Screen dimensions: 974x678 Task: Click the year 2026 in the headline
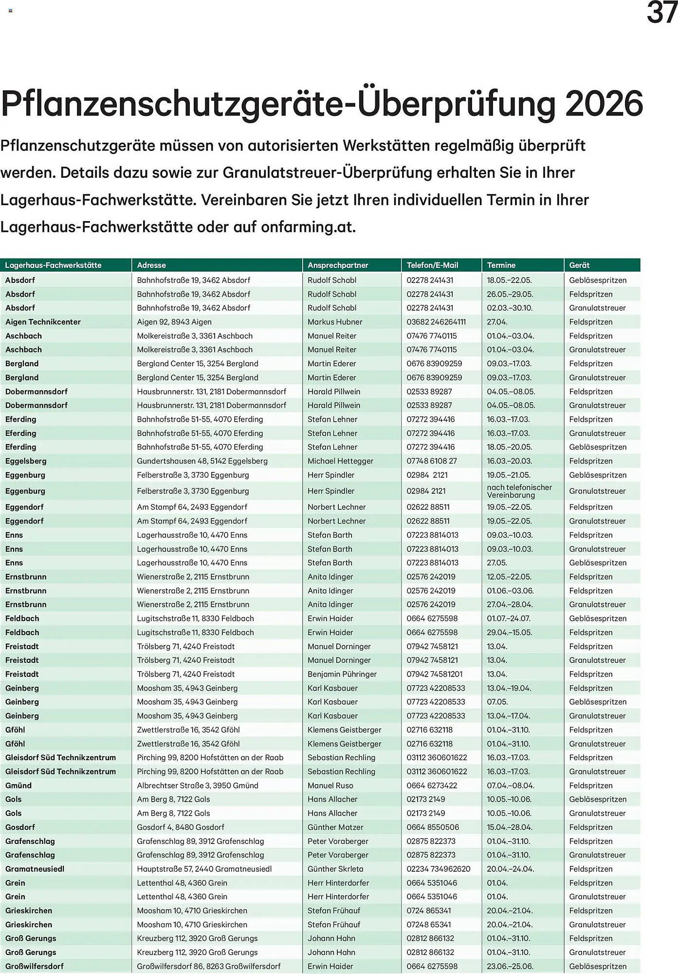pyautogui.click(x=604, y=103)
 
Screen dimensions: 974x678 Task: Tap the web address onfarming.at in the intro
pyautogui.click(x=308, y=227)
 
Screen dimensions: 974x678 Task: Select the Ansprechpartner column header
pyautogui.click(x=338, y=265)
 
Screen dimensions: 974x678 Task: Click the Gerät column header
pyautogui.click(x=579, y=265)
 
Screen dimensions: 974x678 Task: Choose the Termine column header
pyautogui.click(x=501, y=265)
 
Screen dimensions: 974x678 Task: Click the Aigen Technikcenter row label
pyautogui.click(x=43, y=322)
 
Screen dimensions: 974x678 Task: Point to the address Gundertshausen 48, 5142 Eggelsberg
pyautogui.click(x=202, y=461)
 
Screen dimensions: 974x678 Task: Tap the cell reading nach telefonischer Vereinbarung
pyautogui.click(x=519, y=491)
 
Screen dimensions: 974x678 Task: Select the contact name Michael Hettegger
pyautogui.click(x=340, y=461)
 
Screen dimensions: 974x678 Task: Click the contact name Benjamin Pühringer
pyautogui.click(x=342, y=674)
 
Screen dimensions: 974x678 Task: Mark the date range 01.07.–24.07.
pyautogui.click(x=509, y=618)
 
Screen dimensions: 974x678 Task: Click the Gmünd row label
pyautogui.click(x=18, y=785)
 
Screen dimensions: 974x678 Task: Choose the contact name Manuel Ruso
pyautogui.click(x=330, y=785)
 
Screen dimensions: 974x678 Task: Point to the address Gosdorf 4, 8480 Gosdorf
pyautogui.click(x=181, y=827)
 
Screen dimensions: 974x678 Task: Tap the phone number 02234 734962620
pyautogui.click(x=438, y=869)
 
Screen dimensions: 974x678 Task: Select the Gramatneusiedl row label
pyautogui.click(x=35, y=869)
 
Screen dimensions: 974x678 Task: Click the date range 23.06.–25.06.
pyautogui.click(x=510, y=966)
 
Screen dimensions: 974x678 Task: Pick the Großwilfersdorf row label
pyautogui.click(x=35, y=966)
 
